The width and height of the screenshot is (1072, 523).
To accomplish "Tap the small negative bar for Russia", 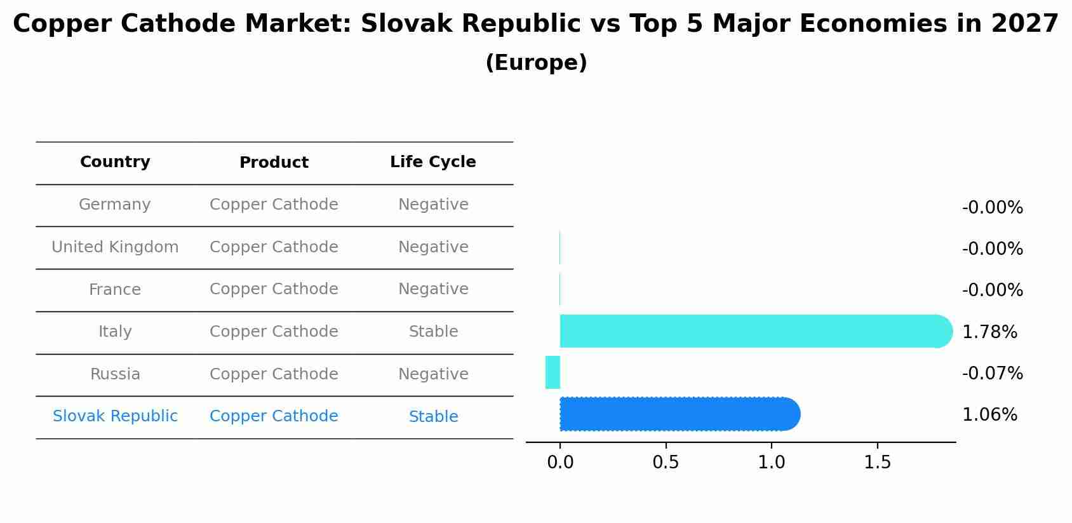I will click(553, 372).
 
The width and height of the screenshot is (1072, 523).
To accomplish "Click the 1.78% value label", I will click(989, 332).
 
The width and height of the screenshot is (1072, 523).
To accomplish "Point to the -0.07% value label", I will click(992, 374).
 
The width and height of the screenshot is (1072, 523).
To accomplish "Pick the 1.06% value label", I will click(989, 415).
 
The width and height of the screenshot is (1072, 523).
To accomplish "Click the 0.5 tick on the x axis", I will click(666, 463).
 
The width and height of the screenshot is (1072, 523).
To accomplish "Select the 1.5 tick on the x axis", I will click(877, 463).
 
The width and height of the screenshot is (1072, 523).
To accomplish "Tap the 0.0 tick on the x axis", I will click(560, 463).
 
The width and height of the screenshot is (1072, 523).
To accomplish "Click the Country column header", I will click(115, 162).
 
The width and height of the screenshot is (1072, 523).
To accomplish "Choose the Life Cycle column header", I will click(432, 162).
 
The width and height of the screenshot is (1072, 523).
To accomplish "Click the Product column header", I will click(274, 163).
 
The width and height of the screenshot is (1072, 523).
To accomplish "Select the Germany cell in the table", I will click(115, 205).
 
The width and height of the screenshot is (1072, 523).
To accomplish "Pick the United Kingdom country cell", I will click(115, 247).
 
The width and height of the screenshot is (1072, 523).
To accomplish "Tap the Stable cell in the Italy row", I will click(433, 332).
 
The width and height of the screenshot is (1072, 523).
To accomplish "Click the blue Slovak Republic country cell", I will click(115, 416).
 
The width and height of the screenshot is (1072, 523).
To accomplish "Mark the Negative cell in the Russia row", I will click(433, 374).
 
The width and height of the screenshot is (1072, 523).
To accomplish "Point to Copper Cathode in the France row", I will click(274, 289).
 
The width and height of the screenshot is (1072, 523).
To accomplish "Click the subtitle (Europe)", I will click(536, 63).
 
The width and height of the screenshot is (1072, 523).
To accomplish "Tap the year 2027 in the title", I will click(1024, 24).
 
